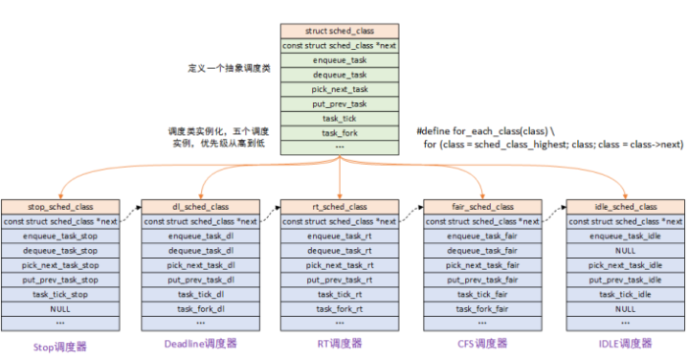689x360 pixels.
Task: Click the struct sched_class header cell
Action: pyautogui.click(x=341, y=31)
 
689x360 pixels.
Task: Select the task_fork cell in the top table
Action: pyautogui.click(x=341, y=133)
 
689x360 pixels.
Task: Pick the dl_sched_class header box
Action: pyautogui.click(x=200, y=206)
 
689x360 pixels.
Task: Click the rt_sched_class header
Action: pyautogui.click(x=341, y=206)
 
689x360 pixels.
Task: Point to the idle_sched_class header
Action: pyautogui.click(x=626, y=206)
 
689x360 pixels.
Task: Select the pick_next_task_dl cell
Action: pyautogui.click(x=200, y=265)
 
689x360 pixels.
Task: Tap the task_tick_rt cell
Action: pyautogui.click(x=341, y=294)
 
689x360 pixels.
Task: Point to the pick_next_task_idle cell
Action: pyautogui.click(x=626, y=265)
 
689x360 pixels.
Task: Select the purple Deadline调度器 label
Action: pyautogui.click(x=200, y=343)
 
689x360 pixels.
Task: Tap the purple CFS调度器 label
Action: pyautogui.click(x=478, y=343)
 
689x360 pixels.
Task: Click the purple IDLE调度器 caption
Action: pyautogui.click(x=625, y=343)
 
